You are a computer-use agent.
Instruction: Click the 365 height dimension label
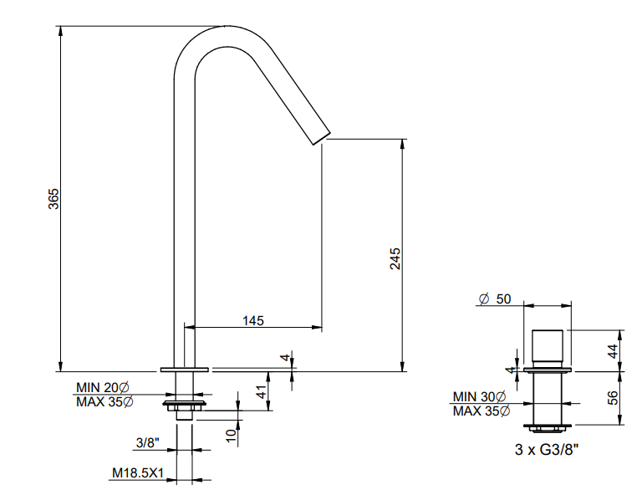tap(53, 199)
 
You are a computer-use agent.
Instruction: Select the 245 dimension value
tap(395, 258)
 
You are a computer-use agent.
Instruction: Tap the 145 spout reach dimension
tap(253, 320)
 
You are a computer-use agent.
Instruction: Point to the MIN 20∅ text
tap(103, 387)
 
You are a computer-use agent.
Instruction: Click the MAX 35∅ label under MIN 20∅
tap(104, 401)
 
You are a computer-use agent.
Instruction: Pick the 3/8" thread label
tap(147, 442)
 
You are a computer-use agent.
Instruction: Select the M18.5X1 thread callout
tap(138, 473)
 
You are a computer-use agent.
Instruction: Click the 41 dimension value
tap(262, 392)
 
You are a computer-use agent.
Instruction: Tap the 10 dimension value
tap(232, 436)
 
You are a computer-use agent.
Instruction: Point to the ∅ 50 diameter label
tap(495, 299)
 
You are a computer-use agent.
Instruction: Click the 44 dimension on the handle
tap(613, 351)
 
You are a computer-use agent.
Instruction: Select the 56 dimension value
tap(613, 398)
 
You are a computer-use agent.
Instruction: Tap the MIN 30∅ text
tap(480, 396)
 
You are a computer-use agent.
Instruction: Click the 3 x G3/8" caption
tap(547, 450)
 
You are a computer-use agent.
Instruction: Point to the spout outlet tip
tap(322, 139)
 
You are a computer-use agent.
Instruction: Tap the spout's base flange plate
tap(185, 370)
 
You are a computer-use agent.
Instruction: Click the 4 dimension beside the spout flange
tap(286, 357)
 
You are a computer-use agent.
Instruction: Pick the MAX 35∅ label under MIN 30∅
tap(481, 411)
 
